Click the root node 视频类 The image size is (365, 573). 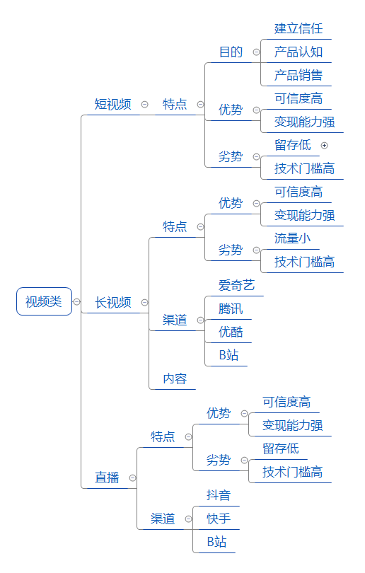tap(44, 301)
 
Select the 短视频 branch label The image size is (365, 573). tap(112, 104)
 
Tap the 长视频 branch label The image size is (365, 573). tap(113, 302)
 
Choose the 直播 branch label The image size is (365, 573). tap(107, 477)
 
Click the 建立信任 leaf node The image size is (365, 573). tap(298, 28)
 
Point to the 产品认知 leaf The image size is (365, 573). tap(298, 52)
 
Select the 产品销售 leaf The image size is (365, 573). tap(298, 75)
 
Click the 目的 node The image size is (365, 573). tap(231, 52)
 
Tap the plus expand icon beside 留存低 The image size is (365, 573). tap(324, 146)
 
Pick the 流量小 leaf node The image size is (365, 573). tap(292, 238)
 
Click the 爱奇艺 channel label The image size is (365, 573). tap(236, 285)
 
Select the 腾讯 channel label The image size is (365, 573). tap(231, 309)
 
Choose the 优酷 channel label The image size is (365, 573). tap(231, 332)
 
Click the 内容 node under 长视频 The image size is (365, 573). tap(175, 378)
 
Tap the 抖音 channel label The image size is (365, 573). tap(219, 495)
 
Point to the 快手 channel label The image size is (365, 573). tap(219, 519)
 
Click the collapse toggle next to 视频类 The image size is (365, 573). tap(76, 302)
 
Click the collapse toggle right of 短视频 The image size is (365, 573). tap(145, 105)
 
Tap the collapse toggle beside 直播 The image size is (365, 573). tap(132, 478)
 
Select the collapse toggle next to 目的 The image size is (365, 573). tap(257, 52)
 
